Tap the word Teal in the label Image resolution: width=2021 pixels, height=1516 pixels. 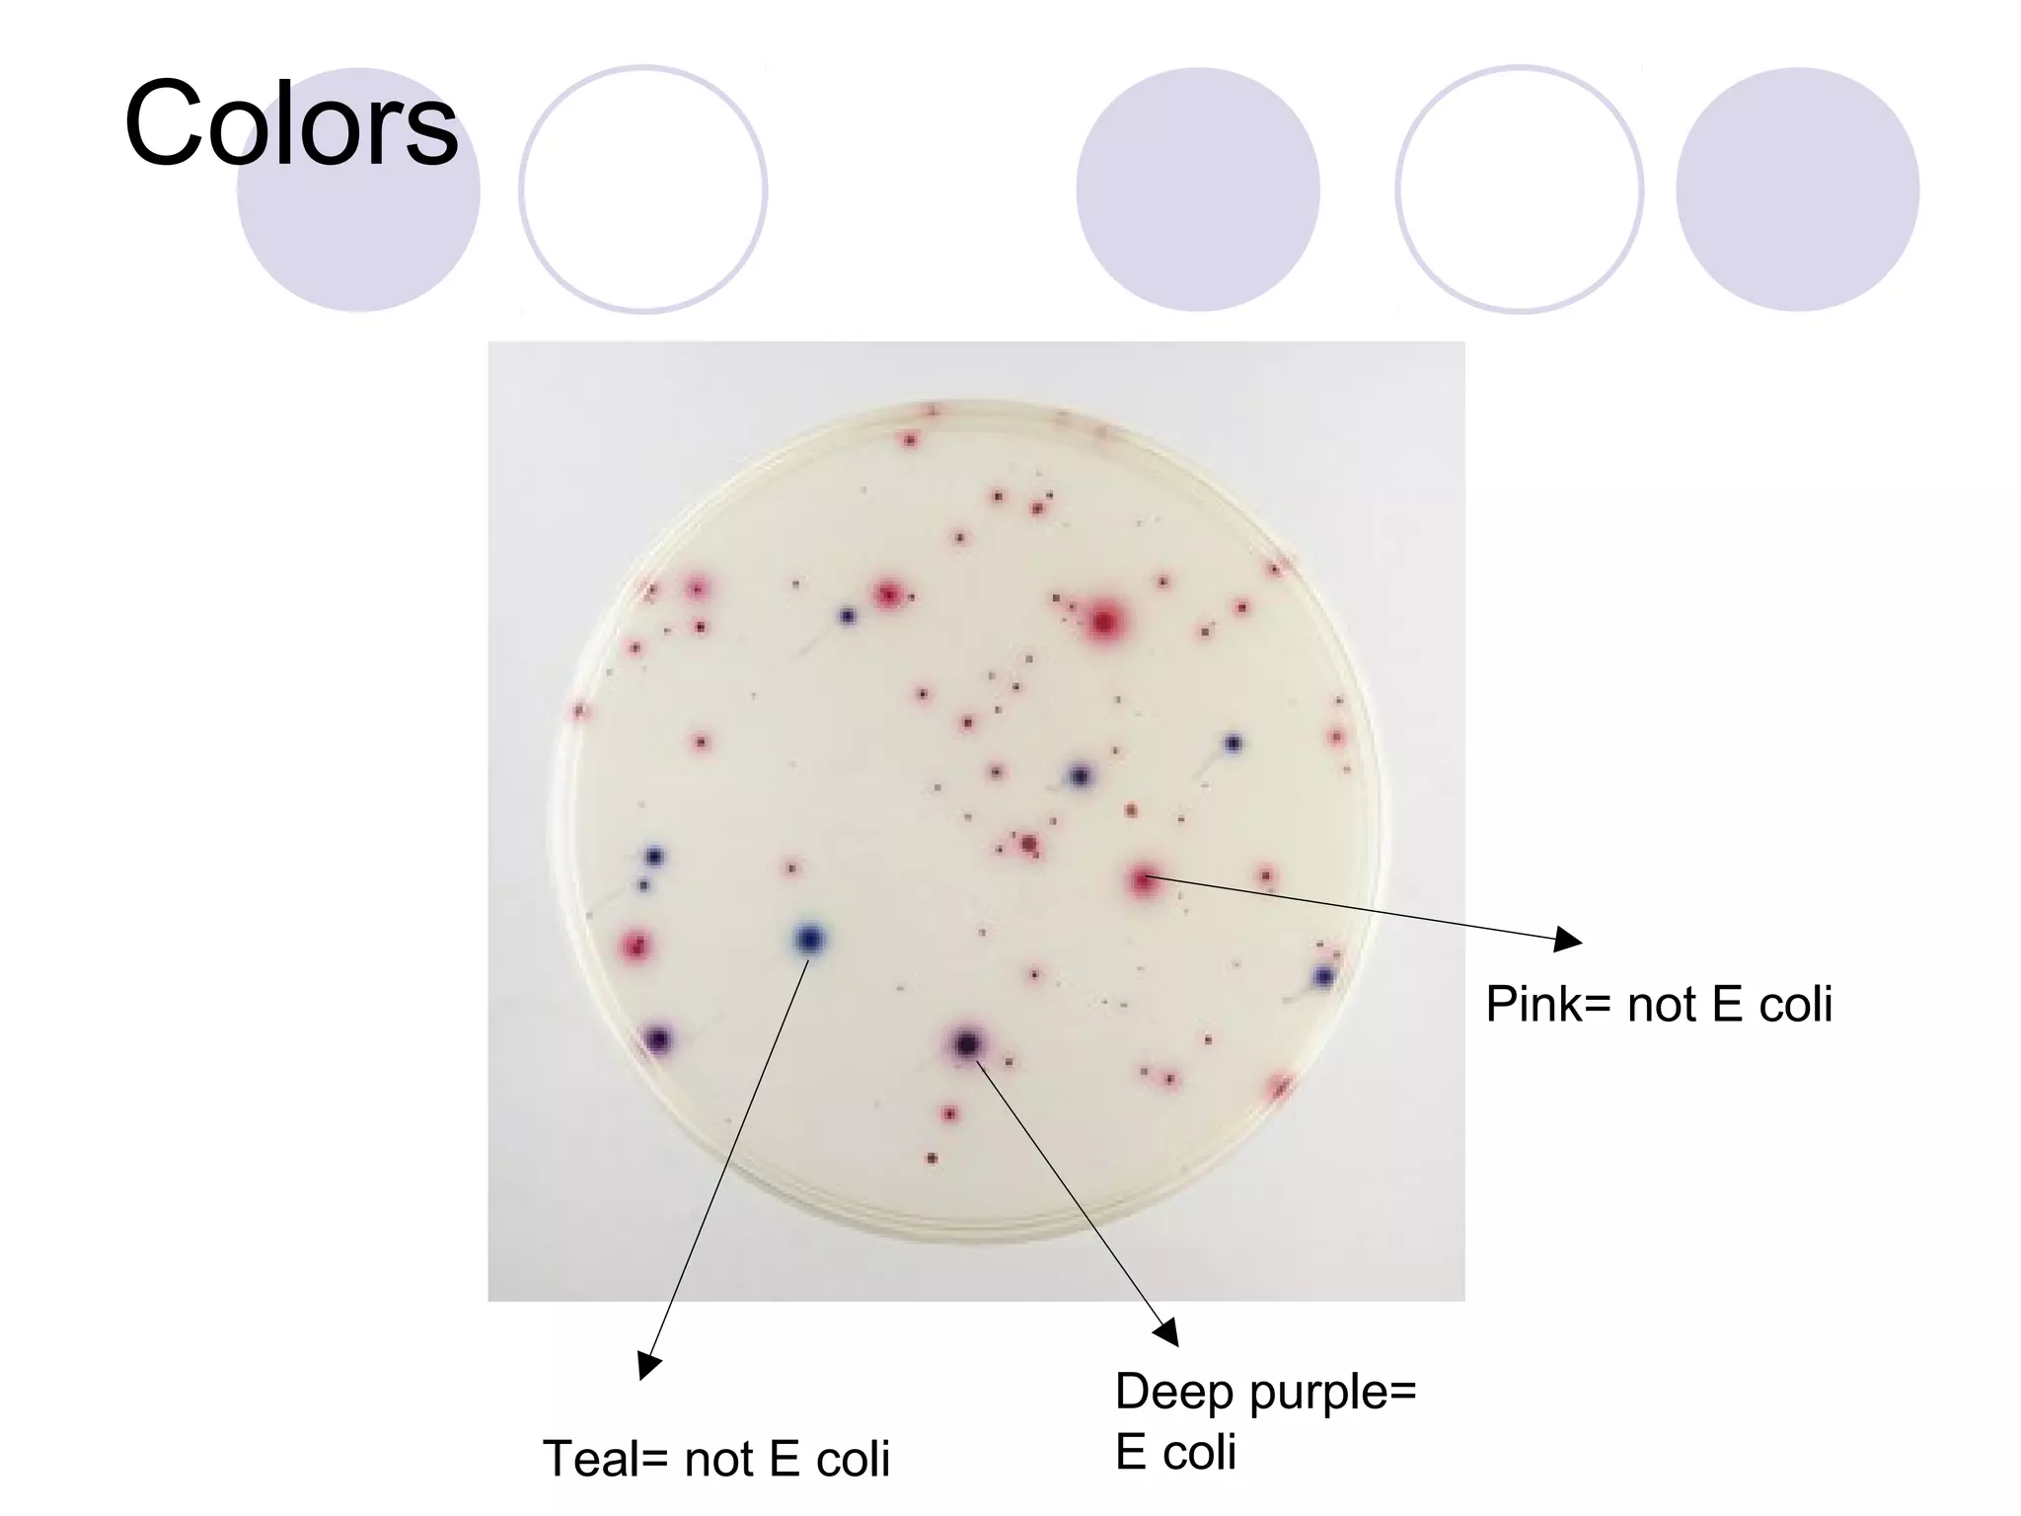pos(591,1459)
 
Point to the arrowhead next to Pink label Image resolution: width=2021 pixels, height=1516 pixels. pos(1567,940)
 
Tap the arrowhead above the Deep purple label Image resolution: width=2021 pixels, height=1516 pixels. pos(1166,1331)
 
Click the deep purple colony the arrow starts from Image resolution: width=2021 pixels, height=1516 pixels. pos(967,1042)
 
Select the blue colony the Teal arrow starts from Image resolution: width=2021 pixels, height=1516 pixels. pos(809,938)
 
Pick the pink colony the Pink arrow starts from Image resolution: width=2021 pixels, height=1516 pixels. pos(1144,878)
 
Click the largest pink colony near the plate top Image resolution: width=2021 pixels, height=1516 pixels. pos(1105,622)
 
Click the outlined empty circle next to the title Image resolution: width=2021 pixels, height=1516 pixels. pos(642,189)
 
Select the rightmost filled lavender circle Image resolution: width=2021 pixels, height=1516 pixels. pos(1797,189)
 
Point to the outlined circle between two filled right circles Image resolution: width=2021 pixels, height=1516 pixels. pos(1519,189)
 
